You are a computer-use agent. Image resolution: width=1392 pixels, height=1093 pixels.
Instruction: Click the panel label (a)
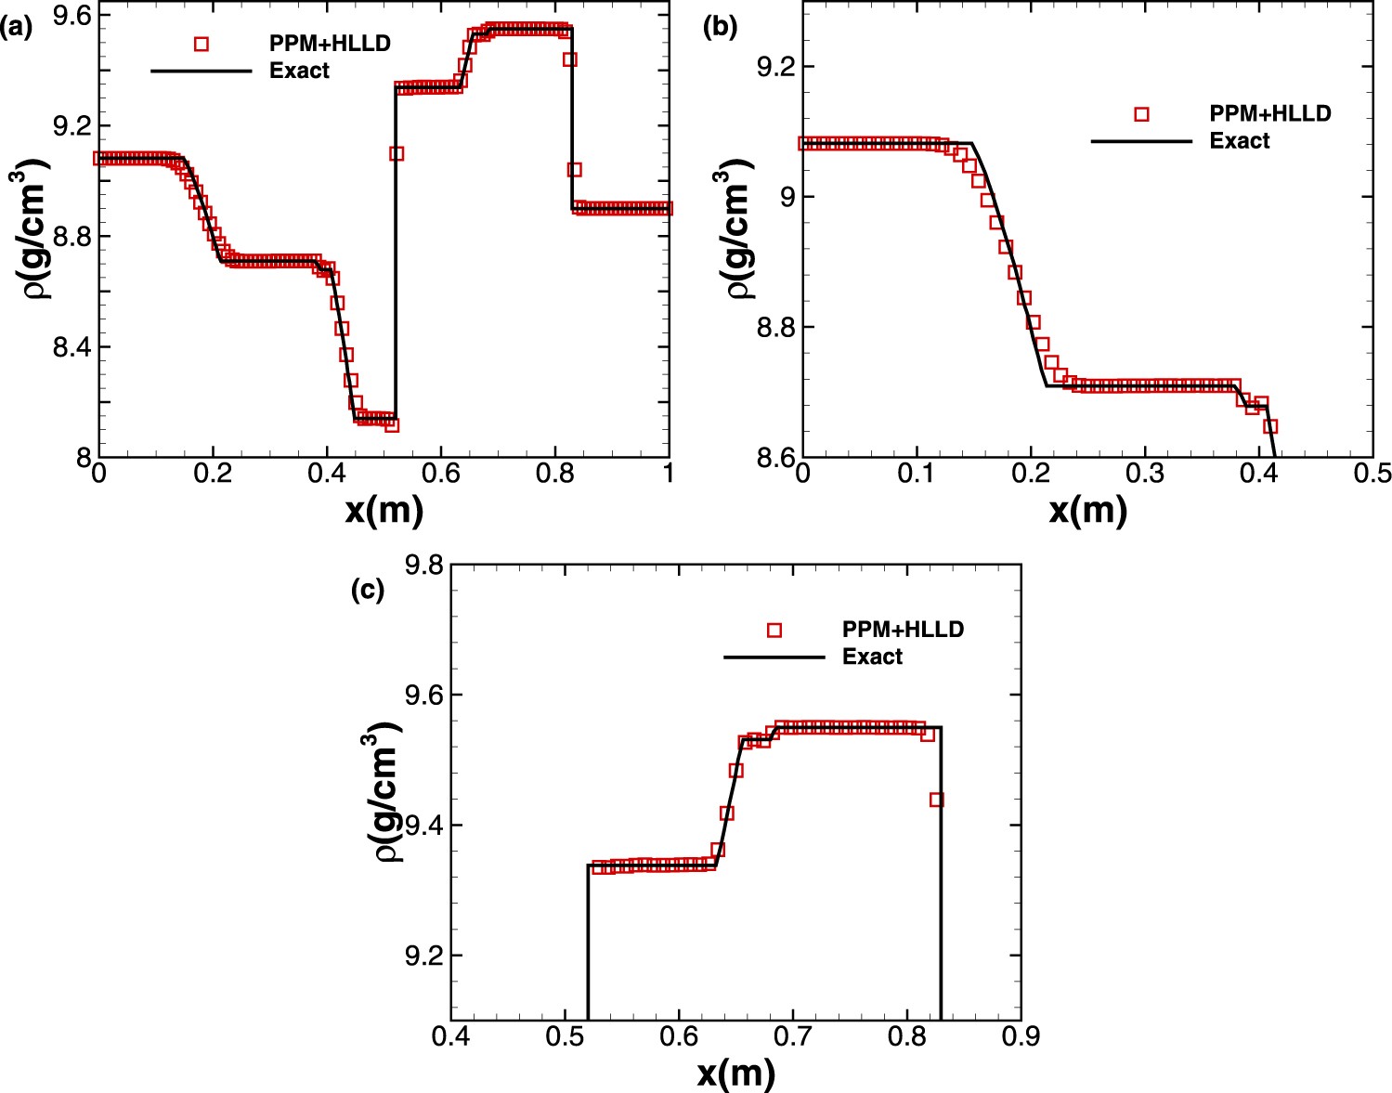coord(17,28)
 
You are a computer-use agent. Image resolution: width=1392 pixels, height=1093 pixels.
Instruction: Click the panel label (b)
coord(721,28)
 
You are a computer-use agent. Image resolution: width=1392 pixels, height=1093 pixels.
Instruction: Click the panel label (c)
coord(368,591)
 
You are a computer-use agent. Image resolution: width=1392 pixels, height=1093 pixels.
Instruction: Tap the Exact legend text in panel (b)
coord(1239,141)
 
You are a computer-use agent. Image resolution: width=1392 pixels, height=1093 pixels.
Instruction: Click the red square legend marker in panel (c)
coord(774,630)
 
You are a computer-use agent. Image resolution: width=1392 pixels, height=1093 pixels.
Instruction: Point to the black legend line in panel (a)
coord(202,71)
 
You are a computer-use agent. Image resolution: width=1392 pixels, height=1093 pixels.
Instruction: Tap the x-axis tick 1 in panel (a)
coord(668,474)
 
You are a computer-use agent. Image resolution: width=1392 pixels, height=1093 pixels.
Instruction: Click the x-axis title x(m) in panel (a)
coord(384,510)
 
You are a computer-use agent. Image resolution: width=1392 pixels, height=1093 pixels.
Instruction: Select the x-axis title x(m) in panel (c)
coord(735,1073)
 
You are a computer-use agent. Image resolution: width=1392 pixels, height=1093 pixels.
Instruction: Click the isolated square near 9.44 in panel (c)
coord(936,800)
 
